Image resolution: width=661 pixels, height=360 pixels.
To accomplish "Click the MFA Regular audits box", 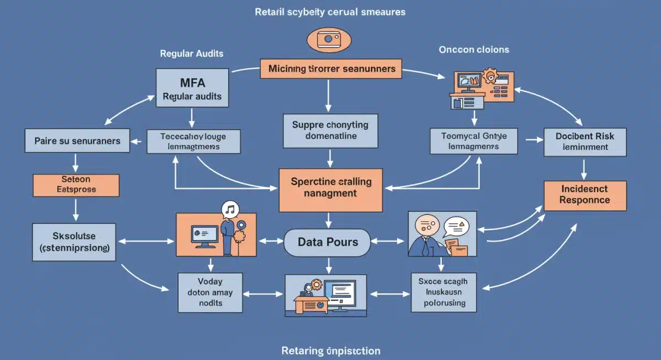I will [192, 88].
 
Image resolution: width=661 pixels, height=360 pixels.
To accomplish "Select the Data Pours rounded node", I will [328, 242].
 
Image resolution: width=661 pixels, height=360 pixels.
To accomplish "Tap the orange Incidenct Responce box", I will [584, 195].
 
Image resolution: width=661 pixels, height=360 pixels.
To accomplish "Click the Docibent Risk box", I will [584, 141].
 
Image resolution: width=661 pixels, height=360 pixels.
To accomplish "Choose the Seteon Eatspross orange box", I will [76, 184].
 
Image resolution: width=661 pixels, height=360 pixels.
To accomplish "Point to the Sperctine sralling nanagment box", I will [330, 187].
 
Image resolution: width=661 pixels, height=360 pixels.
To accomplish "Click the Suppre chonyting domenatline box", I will [330, 130].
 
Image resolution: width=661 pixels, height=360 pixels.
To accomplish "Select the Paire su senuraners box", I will [77, 141].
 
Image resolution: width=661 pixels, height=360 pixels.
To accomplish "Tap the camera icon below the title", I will [328, 40].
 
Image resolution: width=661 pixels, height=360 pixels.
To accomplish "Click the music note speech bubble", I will [230, 209].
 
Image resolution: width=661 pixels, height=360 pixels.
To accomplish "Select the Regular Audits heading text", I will [192, 54].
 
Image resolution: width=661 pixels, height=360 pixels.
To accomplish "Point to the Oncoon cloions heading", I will [474, 50].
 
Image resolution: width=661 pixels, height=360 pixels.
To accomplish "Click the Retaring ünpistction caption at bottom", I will [330, 351].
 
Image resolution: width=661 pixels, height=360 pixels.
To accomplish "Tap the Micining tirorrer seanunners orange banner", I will [331, 69].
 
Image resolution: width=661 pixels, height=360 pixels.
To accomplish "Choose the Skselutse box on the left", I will [74, 242].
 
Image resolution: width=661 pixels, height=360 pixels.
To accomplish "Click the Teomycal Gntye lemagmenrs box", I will [473, 141].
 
